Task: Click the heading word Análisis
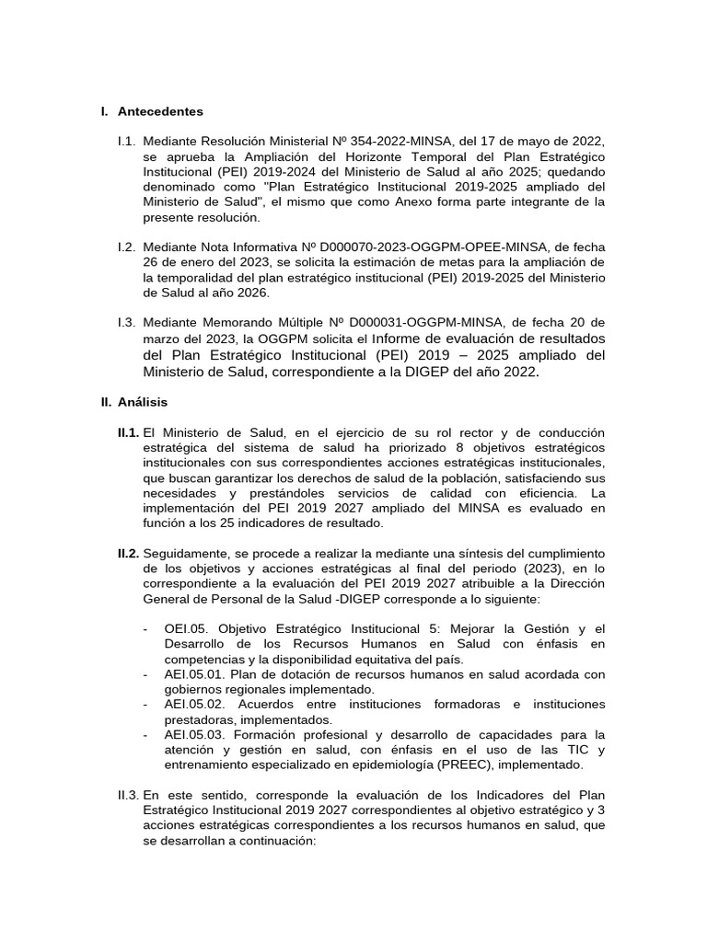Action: (x=143, y=402)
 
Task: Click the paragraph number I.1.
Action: (x=126, y=141)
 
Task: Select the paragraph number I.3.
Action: (x=126, y=322)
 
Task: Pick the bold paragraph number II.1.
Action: (x=128, y=432)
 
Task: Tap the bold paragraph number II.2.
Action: (x=128, y=553)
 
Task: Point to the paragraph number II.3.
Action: (x=128, y=794)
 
